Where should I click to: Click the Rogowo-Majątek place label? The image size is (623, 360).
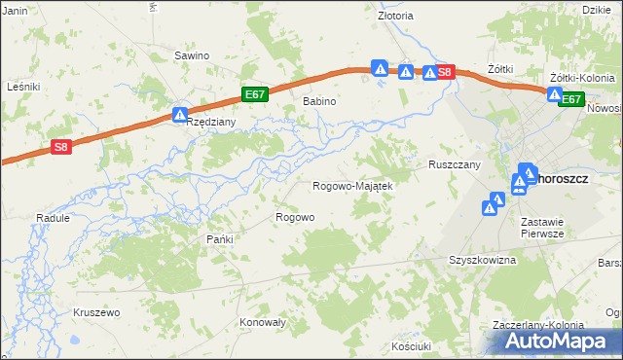[351, 186]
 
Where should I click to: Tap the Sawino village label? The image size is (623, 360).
[192, 55]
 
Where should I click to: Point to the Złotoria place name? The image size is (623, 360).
[395, 16]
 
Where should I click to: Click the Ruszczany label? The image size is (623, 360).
[455, 165]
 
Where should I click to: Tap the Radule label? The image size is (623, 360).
[53, 219]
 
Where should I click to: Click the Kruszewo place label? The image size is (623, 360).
[95, 312]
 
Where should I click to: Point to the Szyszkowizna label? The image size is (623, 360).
[482, 261]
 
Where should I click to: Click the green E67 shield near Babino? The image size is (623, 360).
[254, 94]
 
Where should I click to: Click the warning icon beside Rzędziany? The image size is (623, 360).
[180, 114]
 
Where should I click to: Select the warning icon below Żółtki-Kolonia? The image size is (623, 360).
[554, 95]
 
